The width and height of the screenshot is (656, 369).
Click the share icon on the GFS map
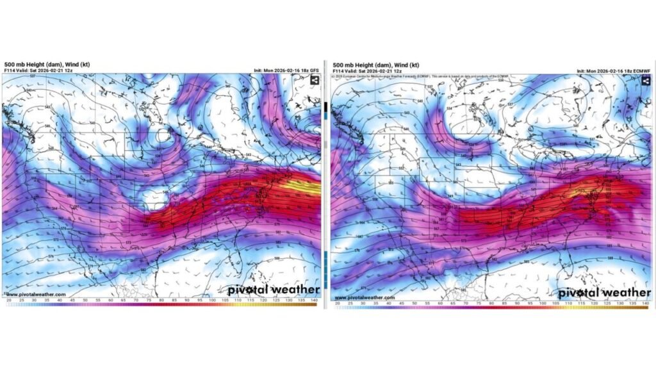coord(315,80)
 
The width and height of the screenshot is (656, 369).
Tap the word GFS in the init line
coord(313,70)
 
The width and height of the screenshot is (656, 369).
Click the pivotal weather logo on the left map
coord(274,290)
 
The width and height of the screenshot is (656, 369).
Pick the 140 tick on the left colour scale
coord(315,300)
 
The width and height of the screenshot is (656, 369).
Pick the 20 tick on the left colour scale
coord(8,300)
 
